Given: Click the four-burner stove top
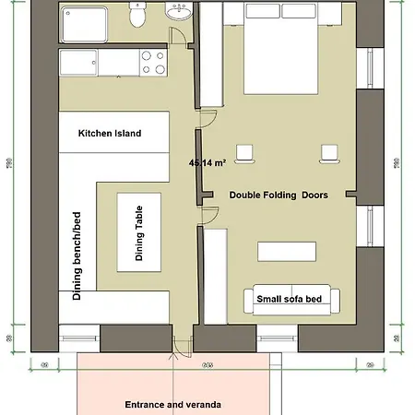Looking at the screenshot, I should [153, 62].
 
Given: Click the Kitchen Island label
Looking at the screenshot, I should [110, 134].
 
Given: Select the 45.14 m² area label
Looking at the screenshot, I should [207, 162].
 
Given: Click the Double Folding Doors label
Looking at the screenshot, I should [279, 195].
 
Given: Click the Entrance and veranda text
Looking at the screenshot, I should [173, 404].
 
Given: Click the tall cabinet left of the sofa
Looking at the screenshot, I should [215, 277].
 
